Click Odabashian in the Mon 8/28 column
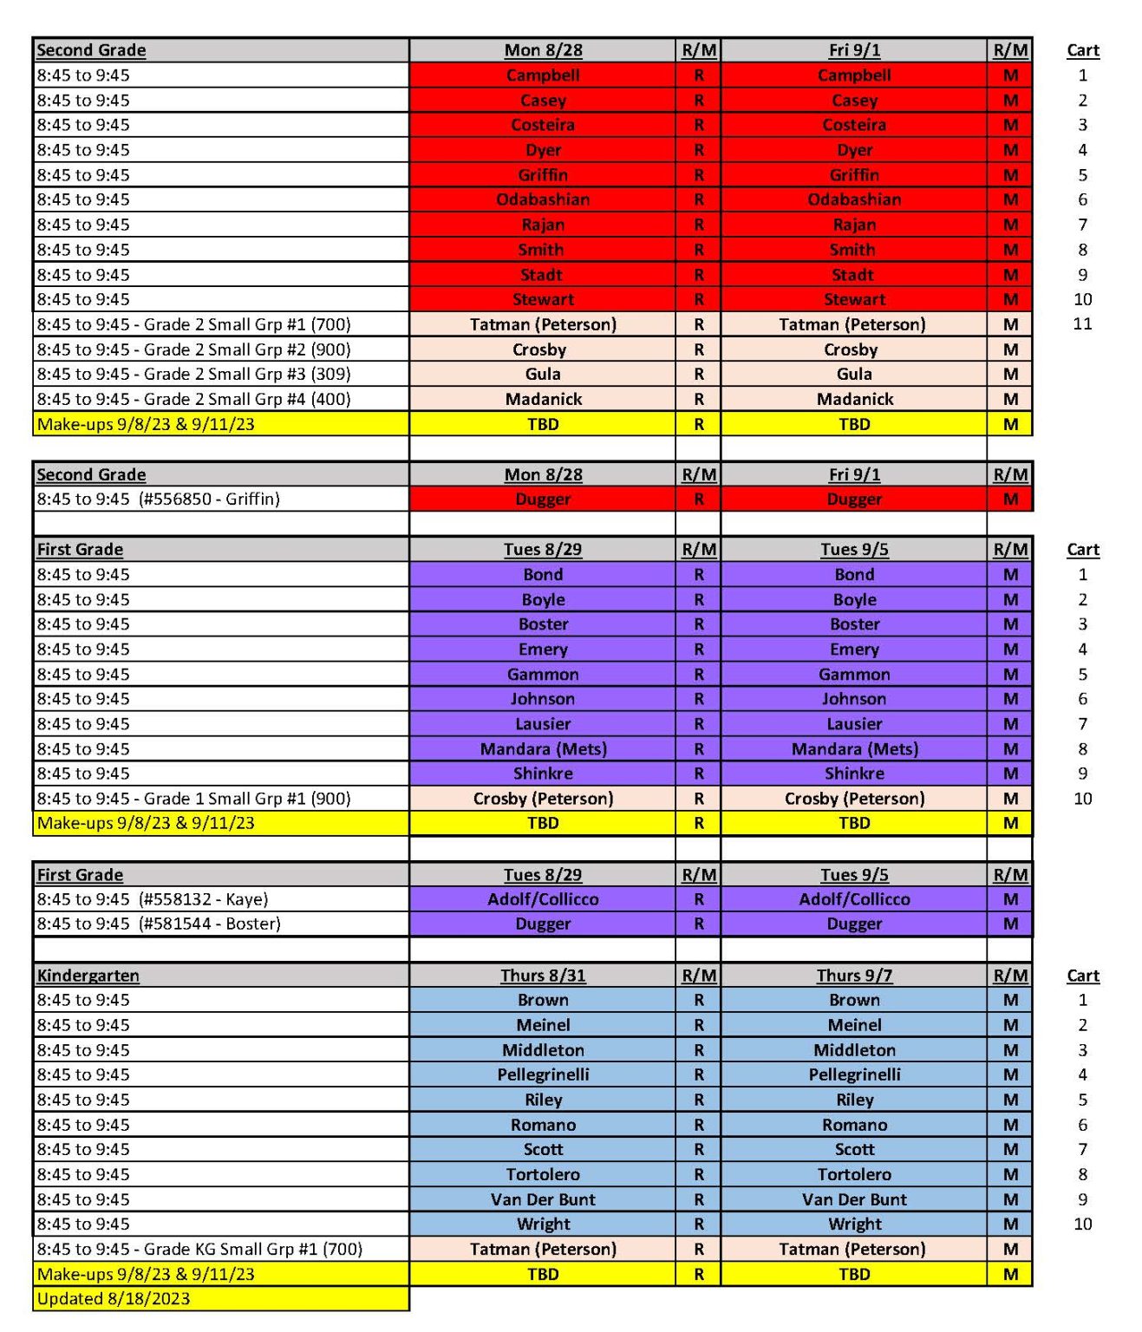[x=543, y=199]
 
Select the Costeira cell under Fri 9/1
[x=854, y=125]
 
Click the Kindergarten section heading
[x=88, y=976]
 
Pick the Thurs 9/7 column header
[x=854, y=976]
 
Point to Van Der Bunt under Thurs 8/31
[x=543, y=1199]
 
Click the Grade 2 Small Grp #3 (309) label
[x=193, y=375]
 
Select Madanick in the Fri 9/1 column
[x=854, y=399]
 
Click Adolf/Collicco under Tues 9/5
[x=854, y=899]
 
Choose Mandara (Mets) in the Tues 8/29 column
[x=543, y=749]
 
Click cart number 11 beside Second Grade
[x=1082, y=324]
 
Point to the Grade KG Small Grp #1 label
[x=199, y=1249]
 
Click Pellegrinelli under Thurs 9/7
[x=854, y=1074]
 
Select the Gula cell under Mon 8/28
[x=543, y=375]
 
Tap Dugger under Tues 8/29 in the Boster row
[x=543, y=924]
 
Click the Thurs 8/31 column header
[x=543, y=976]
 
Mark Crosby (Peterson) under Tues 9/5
[x=854, y=799]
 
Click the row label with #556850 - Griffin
[x=159, y=499]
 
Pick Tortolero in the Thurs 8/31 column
[x=543, y=1174]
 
